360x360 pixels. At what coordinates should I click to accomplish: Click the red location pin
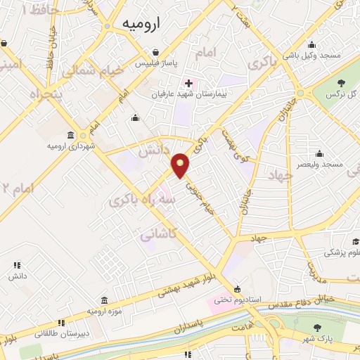pyautogui.click(x=181, y=164)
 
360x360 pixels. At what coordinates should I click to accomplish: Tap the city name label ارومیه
pyautogui.click(x=141, y=24)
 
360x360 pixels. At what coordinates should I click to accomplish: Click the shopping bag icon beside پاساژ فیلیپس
pyautogui.click(x=157, y=52)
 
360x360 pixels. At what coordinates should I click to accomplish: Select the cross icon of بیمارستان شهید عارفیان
pyautogui.click(x=188, y=82)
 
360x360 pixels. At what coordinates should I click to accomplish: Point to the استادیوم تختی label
pyautogui.click(x=238, y=299)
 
